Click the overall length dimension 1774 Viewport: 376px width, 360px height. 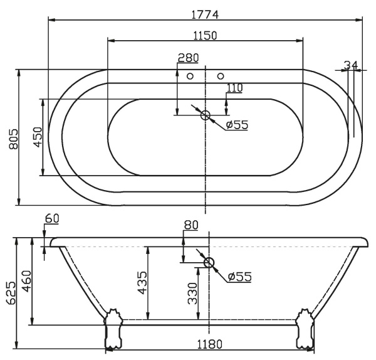point(205,13)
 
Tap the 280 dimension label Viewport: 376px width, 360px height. point(188,58)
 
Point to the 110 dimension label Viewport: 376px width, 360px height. point(234,88)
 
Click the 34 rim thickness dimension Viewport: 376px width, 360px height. point(350,64)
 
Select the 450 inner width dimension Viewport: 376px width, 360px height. point(38,137)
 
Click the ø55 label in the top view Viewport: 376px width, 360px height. point(237,125)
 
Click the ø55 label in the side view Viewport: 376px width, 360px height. point(239,277)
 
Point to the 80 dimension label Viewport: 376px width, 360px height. point(191,225)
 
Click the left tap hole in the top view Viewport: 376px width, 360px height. point(190,76)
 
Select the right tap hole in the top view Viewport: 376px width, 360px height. point(220,76)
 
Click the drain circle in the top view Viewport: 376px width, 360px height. point(205,115)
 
